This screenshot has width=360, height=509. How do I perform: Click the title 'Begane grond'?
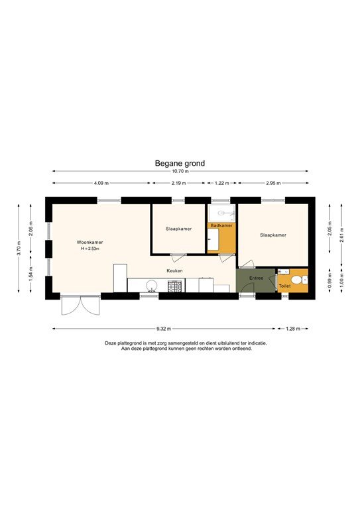[180, 162]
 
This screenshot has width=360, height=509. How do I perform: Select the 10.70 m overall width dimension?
[180, 171]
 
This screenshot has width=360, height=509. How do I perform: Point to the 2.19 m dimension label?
[177, 183]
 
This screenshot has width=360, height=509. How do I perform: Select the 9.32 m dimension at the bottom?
[164, 329]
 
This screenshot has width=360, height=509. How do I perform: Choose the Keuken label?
[174, 270]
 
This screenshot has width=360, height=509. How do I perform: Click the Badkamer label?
[221, 226]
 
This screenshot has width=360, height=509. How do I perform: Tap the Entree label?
[257, 278]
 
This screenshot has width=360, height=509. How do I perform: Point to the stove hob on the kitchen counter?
[176, 286]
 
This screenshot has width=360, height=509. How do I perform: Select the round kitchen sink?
[152, 286]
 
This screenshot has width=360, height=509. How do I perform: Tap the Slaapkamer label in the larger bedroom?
[273, 235]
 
